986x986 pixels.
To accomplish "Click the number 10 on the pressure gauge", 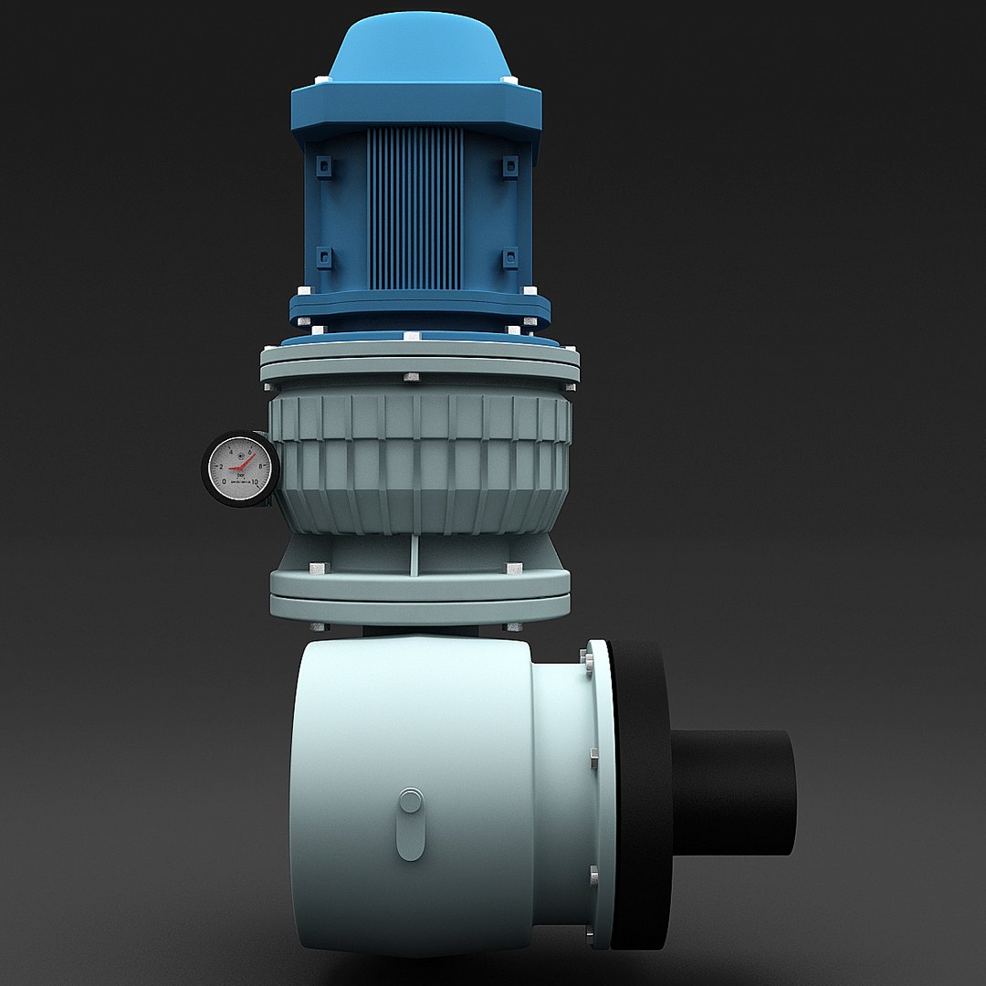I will (x=255, y=481).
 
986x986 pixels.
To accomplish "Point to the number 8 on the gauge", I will (x=261, y=466).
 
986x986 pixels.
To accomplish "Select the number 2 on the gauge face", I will (x=220, y=467).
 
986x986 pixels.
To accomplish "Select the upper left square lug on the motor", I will (x=321, y=166).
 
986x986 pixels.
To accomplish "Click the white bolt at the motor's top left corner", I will (x=317, y=83).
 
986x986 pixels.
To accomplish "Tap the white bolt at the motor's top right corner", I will (x=511, y=83).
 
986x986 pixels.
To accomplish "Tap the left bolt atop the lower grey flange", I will (x=318, y=568).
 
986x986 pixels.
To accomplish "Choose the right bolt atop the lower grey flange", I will (x=514, y=568).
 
